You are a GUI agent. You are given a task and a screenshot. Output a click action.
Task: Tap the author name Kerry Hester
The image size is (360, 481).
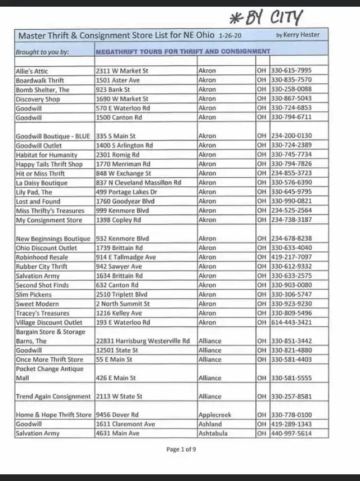(x=298, y=35)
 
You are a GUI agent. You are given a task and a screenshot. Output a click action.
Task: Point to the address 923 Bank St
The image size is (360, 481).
(x=113, y=89)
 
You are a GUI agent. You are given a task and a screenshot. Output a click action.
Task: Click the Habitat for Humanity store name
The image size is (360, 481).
(x=47, y=155)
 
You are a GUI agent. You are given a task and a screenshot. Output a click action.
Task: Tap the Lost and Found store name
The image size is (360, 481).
(x=38, y=201)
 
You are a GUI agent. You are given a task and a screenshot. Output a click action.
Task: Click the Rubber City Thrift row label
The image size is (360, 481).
(x=42, y=266)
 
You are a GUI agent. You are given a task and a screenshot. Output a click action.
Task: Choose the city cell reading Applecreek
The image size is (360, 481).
(x=215, y=415)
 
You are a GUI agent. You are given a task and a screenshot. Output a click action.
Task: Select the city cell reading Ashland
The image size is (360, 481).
(x=210, y=424)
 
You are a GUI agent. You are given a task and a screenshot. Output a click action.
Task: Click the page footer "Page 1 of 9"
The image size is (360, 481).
(x=181, y=449)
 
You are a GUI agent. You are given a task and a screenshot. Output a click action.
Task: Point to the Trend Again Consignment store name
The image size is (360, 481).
(x=53, y=397)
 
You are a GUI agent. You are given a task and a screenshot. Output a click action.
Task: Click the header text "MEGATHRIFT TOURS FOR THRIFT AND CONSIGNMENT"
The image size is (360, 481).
(x=183, y=51)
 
